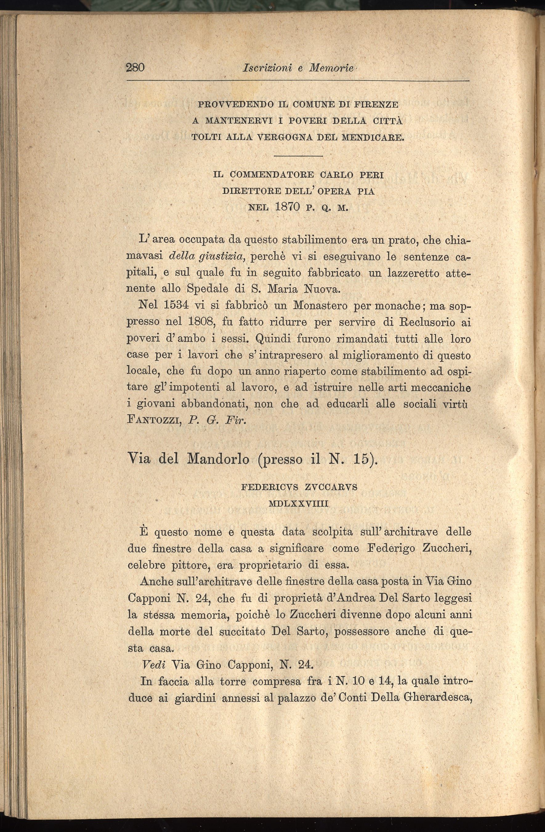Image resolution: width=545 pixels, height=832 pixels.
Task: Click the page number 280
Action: (x=135, y=67)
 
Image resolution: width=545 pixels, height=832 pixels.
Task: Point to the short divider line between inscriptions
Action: (x=298, y=156)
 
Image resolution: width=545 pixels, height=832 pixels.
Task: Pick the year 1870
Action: (x=288, y=206)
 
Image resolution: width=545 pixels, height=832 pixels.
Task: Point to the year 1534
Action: (x=176, y=305)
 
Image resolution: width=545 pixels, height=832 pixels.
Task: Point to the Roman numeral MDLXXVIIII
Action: (x=298, y=504)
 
